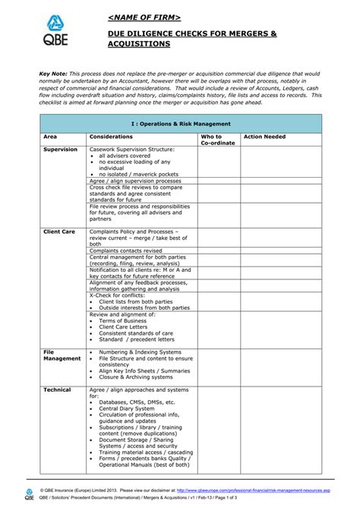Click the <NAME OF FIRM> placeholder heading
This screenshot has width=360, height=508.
tap(144, 17)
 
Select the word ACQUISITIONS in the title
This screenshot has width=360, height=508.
tap(139, 45)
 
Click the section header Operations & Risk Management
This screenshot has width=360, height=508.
tap(180, 122)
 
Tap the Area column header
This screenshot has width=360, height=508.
tap(50, 137)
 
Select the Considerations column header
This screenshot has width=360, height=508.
tap(111, 137)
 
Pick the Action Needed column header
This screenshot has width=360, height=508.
tap(264, 137)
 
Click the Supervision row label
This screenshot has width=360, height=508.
tap(60, 150)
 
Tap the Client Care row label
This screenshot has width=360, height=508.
tap(59, 231)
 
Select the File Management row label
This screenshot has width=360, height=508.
tap(61, 355)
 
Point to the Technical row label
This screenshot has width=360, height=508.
tap(57, 390)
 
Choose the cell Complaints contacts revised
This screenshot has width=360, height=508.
tap(125, 250)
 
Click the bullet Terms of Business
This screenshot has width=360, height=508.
tap(123, 320)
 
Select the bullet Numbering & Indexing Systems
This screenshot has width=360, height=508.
tap(140, 352)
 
